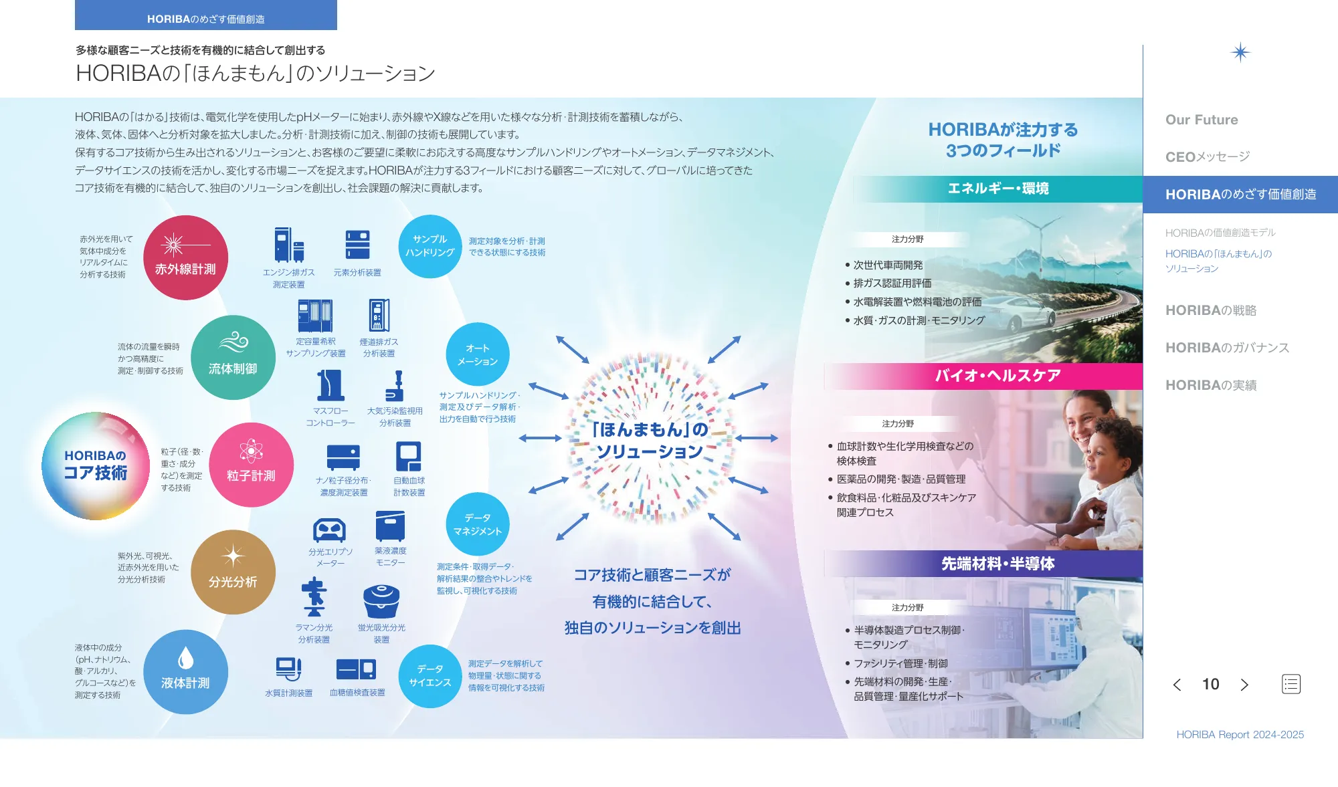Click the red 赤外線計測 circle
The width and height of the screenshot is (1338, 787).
[x=185, y=257]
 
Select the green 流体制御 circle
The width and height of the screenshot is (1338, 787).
[x=233, y=358]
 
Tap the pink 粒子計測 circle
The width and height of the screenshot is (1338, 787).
[x=251, y=465]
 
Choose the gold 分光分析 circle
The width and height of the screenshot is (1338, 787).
[x=233, y=572]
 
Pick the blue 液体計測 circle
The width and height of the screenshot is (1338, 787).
[x=185, y=672]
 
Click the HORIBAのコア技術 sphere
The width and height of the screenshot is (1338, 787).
[x=96, y=466]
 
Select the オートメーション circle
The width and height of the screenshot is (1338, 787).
[x=478, y=354]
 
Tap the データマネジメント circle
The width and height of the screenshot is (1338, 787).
[x=478, y=524]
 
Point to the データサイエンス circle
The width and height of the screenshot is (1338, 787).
[x=430, y=676]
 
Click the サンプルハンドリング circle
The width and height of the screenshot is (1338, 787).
[x=430, y=246]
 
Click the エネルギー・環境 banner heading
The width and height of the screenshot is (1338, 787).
[x=998, y=189]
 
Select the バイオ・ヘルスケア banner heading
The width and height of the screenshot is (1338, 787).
[x=998, y=376]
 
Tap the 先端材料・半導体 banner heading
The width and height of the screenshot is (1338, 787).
[x=998, y=564]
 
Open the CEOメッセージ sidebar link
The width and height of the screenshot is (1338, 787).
[x=1208, y=156]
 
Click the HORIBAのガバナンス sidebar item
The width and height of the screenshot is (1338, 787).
[x=1227, y=348]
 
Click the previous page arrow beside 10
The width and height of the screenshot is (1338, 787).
[x=1177, y=685]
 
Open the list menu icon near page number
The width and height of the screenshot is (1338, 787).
[x=1291, y=684]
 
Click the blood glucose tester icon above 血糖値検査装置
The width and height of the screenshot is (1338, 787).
[x=357, y=669]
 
